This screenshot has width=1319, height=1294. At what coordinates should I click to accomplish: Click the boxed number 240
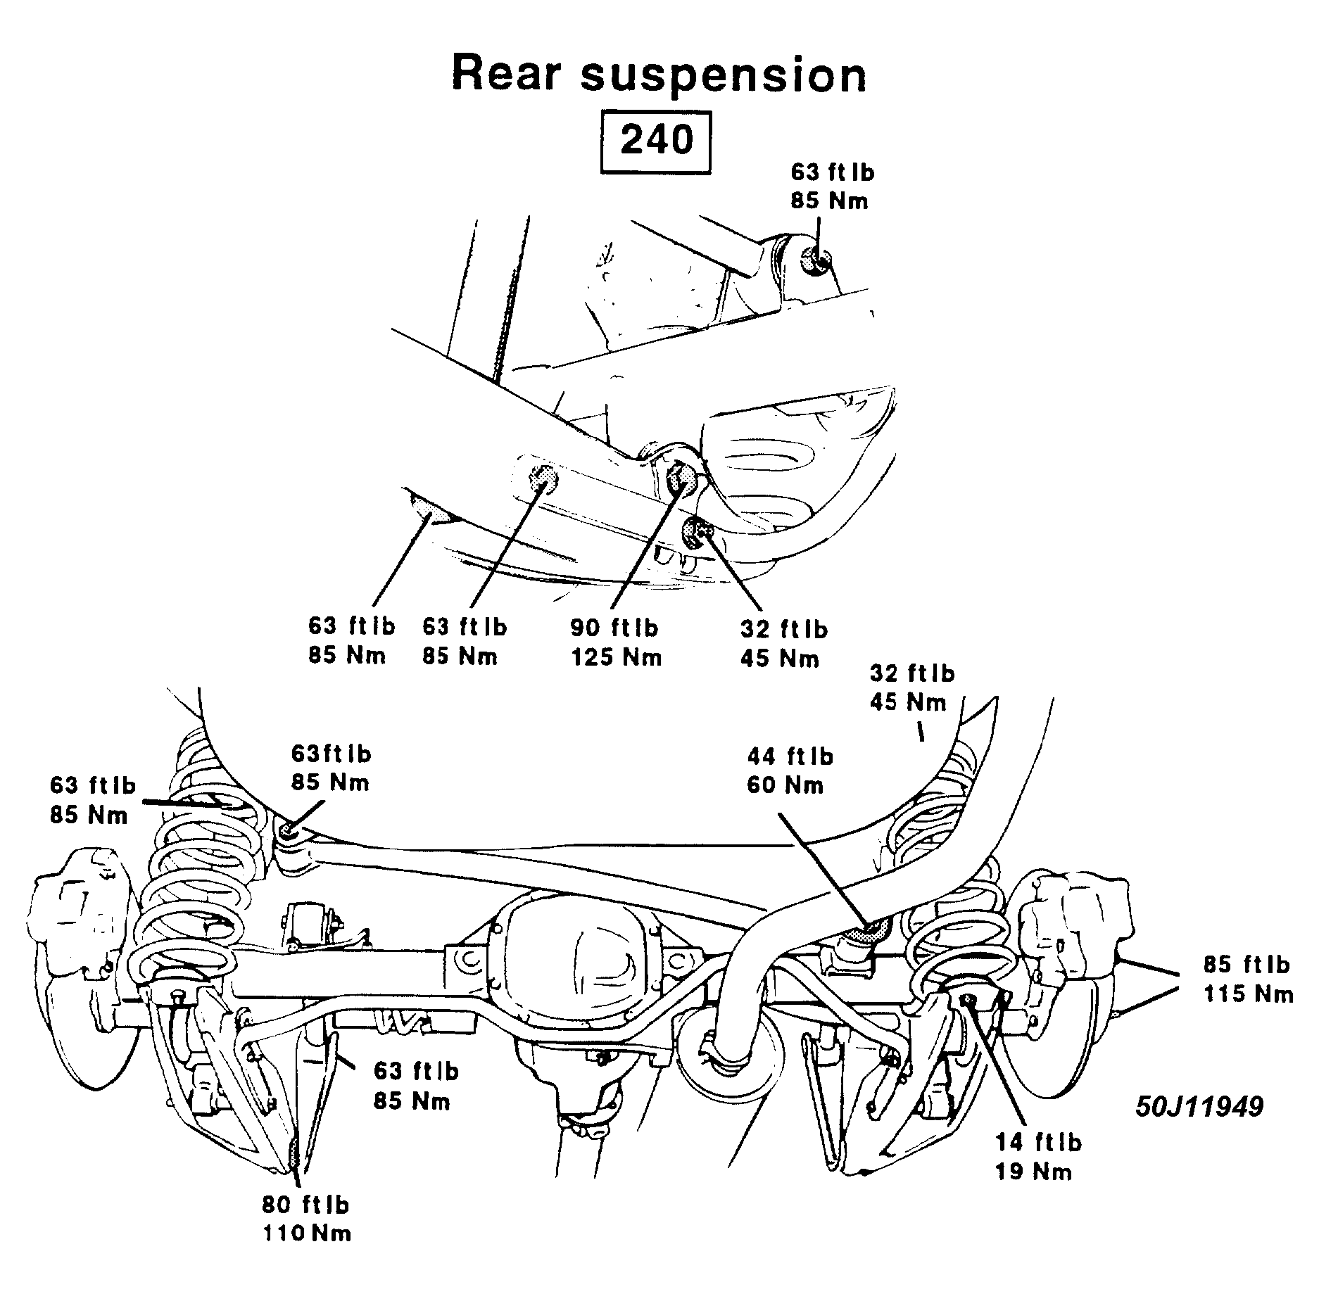[656, 141]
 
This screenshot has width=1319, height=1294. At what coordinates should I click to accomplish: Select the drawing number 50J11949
[1199, 1107]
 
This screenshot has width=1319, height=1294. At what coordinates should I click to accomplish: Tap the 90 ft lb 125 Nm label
[616, 642]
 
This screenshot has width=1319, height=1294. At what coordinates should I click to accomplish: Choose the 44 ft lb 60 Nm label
[789, 770]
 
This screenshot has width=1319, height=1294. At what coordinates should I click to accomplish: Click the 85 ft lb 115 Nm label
[1247, 979]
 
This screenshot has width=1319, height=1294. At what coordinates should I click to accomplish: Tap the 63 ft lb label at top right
[831, 186]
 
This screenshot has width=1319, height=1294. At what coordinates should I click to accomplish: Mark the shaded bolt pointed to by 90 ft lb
[680, 478]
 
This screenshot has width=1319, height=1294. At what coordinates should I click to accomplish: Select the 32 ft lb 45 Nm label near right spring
[911, 688]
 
